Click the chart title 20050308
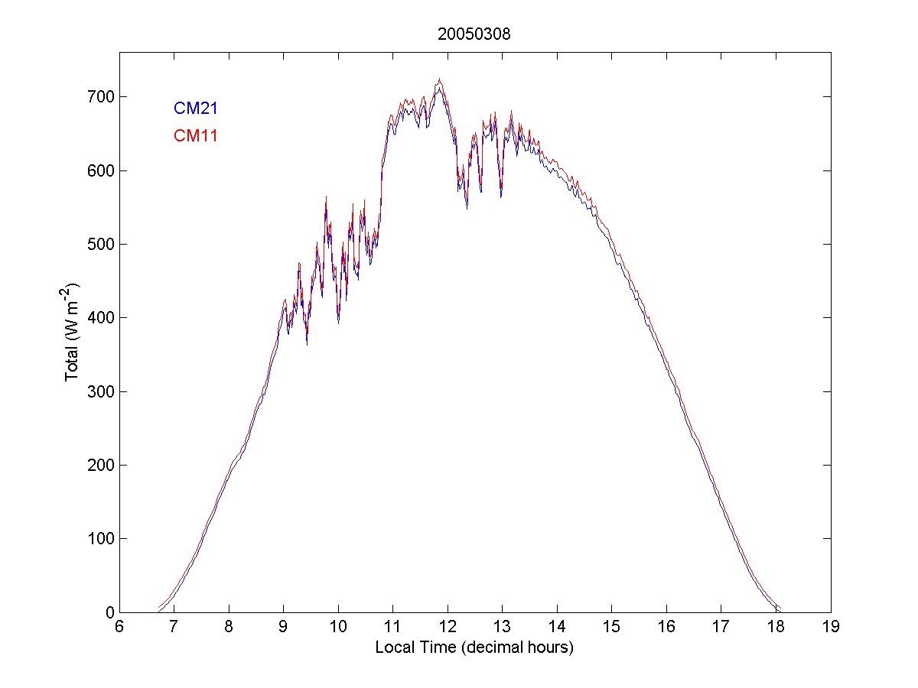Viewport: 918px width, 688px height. tap(474, 34)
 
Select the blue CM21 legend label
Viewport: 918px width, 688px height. tap(196, 108)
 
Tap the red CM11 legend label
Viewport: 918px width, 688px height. tap(196, 136)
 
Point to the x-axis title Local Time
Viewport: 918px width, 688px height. tap(474, 647)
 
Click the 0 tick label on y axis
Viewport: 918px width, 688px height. tap(108, 612)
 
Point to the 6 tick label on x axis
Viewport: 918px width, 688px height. tap(119, 627)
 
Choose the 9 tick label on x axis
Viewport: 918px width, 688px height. tap(283, 627)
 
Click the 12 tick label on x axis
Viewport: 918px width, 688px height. tap(447, 627)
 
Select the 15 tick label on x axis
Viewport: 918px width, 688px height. tap(611, 627)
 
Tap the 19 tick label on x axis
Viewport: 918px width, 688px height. tap(830, 627)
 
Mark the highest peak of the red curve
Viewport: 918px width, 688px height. tap(440, 79)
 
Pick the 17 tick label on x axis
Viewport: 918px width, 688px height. tap(721, 627)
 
